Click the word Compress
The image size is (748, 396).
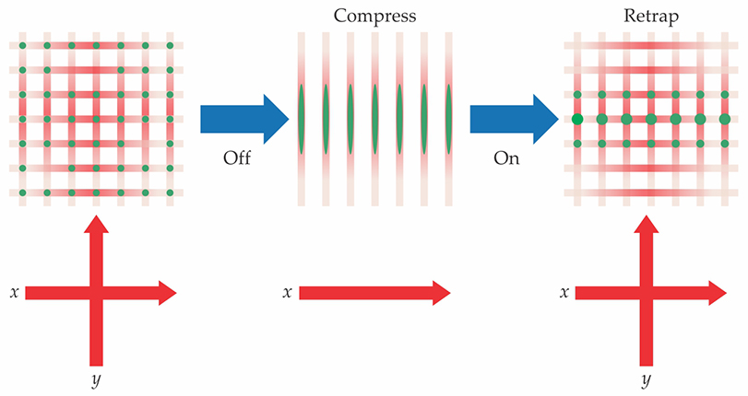click(373, 16)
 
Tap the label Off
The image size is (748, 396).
click(236, 157)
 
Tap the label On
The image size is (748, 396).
click(509, 157)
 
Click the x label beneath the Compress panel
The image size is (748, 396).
click(288, 293)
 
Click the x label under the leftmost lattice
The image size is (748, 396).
click(15, 293)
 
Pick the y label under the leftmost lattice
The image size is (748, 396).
click(95, 379)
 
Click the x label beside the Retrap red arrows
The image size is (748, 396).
click(564, 293)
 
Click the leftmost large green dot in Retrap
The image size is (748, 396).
click(577, 119)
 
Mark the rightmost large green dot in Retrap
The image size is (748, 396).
click(724, 119)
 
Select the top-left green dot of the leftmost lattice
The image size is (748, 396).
click(22, 44)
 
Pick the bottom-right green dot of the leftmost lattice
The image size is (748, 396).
click(170, 192)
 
